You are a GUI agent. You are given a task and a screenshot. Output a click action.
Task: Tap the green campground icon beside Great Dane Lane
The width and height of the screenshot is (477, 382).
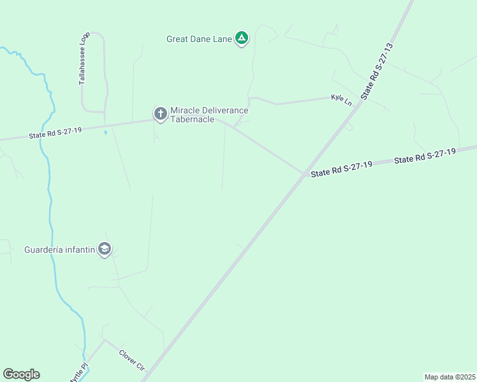click(x=242, y=39)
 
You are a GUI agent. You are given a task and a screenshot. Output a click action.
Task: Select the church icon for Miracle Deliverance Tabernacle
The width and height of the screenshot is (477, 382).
click(x=160, y=114)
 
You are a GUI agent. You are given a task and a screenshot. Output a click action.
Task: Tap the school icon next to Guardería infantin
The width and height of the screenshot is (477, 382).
click(x=105, y=250)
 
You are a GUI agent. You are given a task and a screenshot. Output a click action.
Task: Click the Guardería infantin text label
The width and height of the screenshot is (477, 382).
click(x=60, y=250)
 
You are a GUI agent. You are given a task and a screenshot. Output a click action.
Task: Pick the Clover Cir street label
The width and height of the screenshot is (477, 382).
click(x=132, y=360)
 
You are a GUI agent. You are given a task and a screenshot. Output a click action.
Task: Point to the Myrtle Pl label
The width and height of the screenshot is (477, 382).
click(x=77, y=372)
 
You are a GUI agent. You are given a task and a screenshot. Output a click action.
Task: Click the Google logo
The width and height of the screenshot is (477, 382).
click(x=21, y=374)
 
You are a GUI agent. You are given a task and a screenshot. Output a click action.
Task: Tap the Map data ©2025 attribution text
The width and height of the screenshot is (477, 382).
click(x=450, y=377)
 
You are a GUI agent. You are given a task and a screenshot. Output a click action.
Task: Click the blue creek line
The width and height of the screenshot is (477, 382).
click(x=49, y=191)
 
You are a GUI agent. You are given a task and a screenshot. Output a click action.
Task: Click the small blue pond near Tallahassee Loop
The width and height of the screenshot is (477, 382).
click(x=105, y=133)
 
